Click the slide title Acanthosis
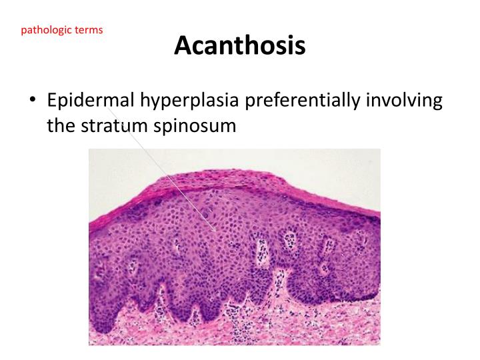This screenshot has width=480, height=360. [240, 45]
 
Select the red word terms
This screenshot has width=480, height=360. [89, 31]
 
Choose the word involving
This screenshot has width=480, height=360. [407, 101]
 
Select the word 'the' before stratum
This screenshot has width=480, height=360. [59, 125]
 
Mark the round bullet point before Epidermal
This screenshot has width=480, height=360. [33, 102]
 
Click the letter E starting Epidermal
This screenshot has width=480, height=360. [52, 101]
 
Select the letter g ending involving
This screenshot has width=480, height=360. [437, 103]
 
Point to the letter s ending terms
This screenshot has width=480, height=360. [101, 31]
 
